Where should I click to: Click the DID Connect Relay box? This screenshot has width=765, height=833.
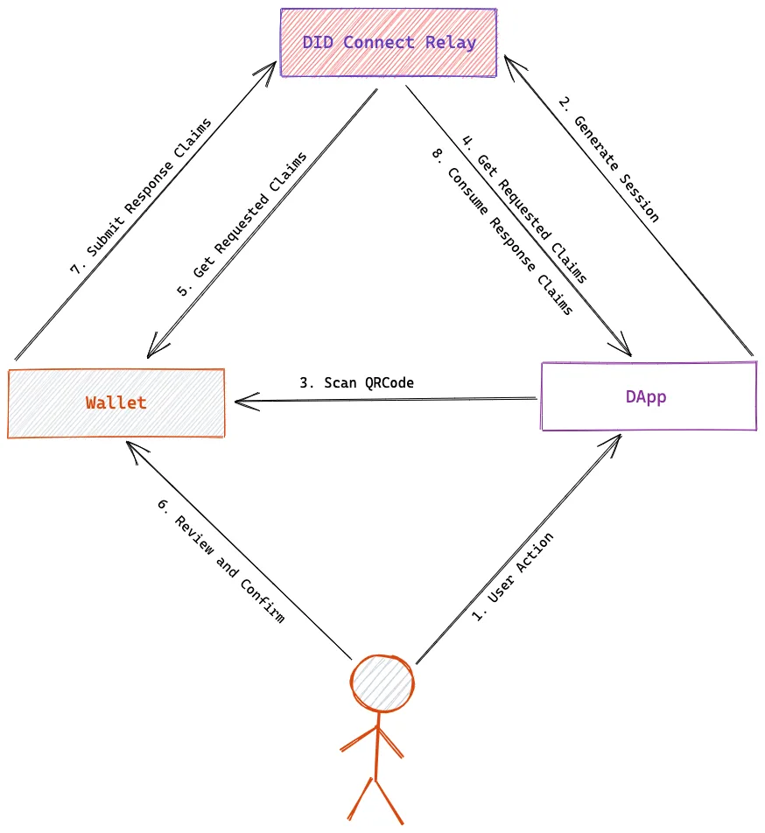[389, 43]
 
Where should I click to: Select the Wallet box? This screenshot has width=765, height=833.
[116, 403]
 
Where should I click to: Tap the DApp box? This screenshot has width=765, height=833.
[649, 396]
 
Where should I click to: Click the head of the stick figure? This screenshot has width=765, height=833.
[382, 683]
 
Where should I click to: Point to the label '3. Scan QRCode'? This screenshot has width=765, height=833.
[356, 382]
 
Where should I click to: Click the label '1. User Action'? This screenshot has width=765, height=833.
[513, 577]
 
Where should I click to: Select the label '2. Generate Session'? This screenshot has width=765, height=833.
[609, 159]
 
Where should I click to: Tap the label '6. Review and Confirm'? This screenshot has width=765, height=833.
[221, 561]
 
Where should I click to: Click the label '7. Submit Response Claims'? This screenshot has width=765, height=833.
[141, 197]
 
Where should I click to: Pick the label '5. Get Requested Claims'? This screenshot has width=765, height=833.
[242, 224]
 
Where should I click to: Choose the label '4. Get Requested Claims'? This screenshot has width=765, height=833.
[524, 209]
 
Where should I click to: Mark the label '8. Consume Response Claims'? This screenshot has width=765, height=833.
[502, 232]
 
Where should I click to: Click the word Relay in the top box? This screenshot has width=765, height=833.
[451, 43]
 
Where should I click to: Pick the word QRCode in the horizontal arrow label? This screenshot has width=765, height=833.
[390, 382]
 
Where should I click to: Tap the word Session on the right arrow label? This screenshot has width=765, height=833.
[640, 197]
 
